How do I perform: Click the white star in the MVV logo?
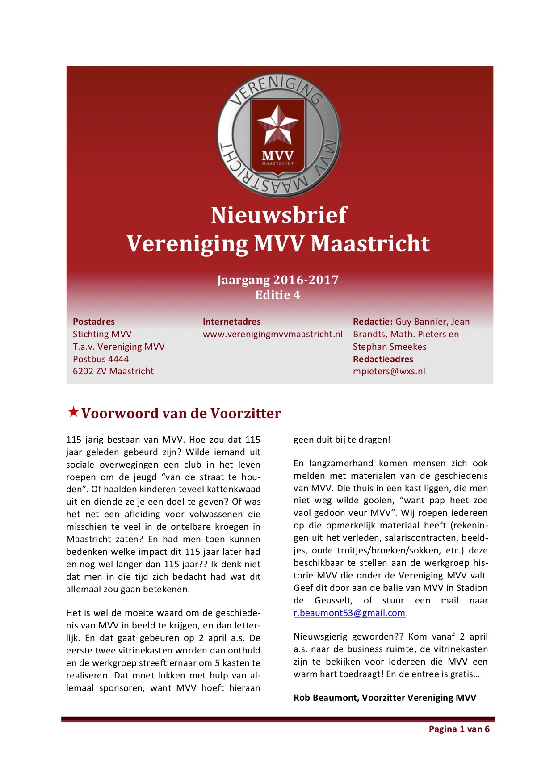(x=278, y=125)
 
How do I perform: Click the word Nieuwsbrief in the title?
(x=278, y=215)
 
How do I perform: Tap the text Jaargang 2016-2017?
(x=278, y=280)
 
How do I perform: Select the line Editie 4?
(x=278, y=295)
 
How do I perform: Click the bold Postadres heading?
(x=94, y=322)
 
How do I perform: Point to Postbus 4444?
(x=101, y=359)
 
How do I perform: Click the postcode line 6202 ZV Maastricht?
(x=113, y=371)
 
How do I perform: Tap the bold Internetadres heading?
(x=231, y=322)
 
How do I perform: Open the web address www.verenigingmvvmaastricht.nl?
(x=273, y=334)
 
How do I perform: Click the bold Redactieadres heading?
(x=383, y=359)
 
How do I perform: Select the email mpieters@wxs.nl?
(x=389, y=371)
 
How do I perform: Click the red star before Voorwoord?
(x=73, y=412)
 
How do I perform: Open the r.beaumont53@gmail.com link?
(x=349, y=613)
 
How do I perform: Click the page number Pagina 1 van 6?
(x=459, y=729)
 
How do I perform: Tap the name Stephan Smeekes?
(x=390, y=347)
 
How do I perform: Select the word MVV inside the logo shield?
(x=278, y=156)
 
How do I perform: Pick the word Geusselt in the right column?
(x=333, y=601)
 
